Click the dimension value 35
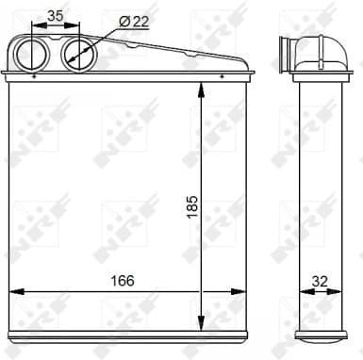click(57, 15)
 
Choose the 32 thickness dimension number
click(321, 280)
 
